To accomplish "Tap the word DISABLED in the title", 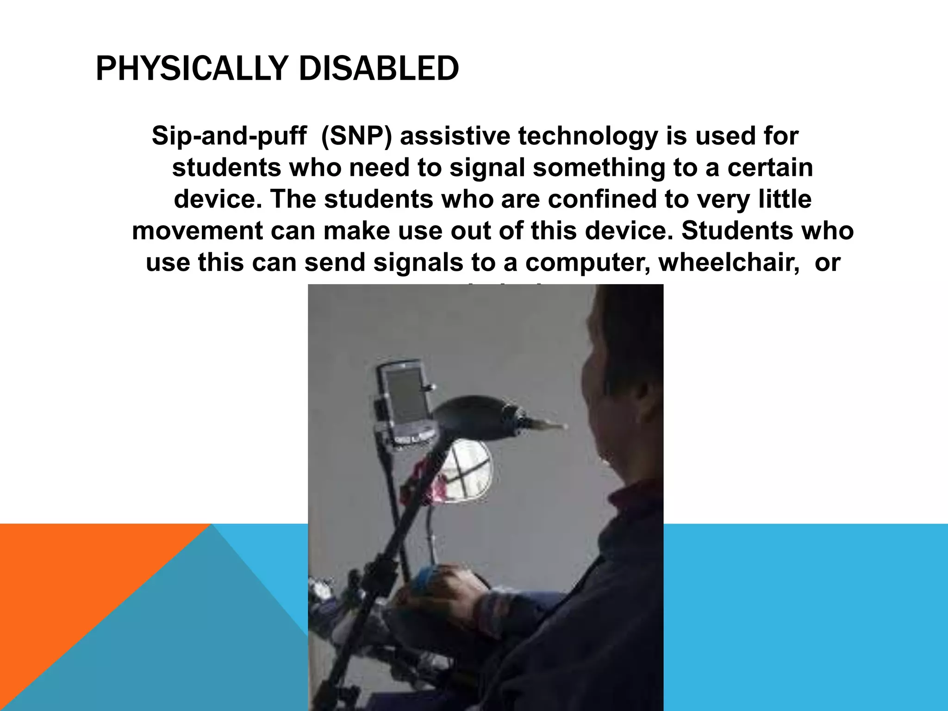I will [x=379, y=69].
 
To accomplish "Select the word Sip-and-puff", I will [x=229, y=136].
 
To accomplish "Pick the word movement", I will [x=198, y=231].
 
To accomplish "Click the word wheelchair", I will [x=729, y=262].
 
